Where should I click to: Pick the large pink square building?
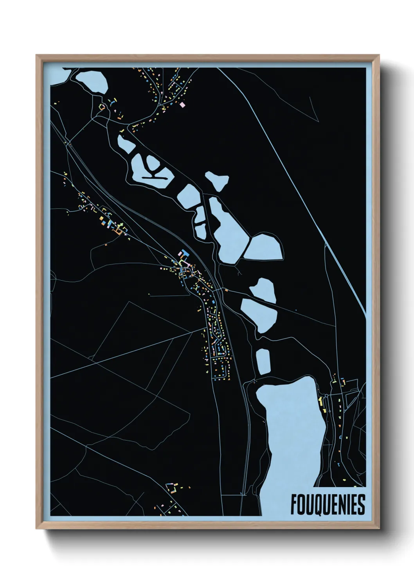tap(182, 105)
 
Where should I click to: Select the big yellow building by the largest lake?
tap(320, 402)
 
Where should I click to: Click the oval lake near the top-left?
tap(92, 81)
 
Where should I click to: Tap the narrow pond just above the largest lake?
tap(263, 361)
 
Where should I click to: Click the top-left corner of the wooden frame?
tap(37, 56)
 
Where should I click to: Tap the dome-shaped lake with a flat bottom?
tap(263, 246)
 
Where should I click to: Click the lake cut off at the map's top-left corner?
tap(60, 75)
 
